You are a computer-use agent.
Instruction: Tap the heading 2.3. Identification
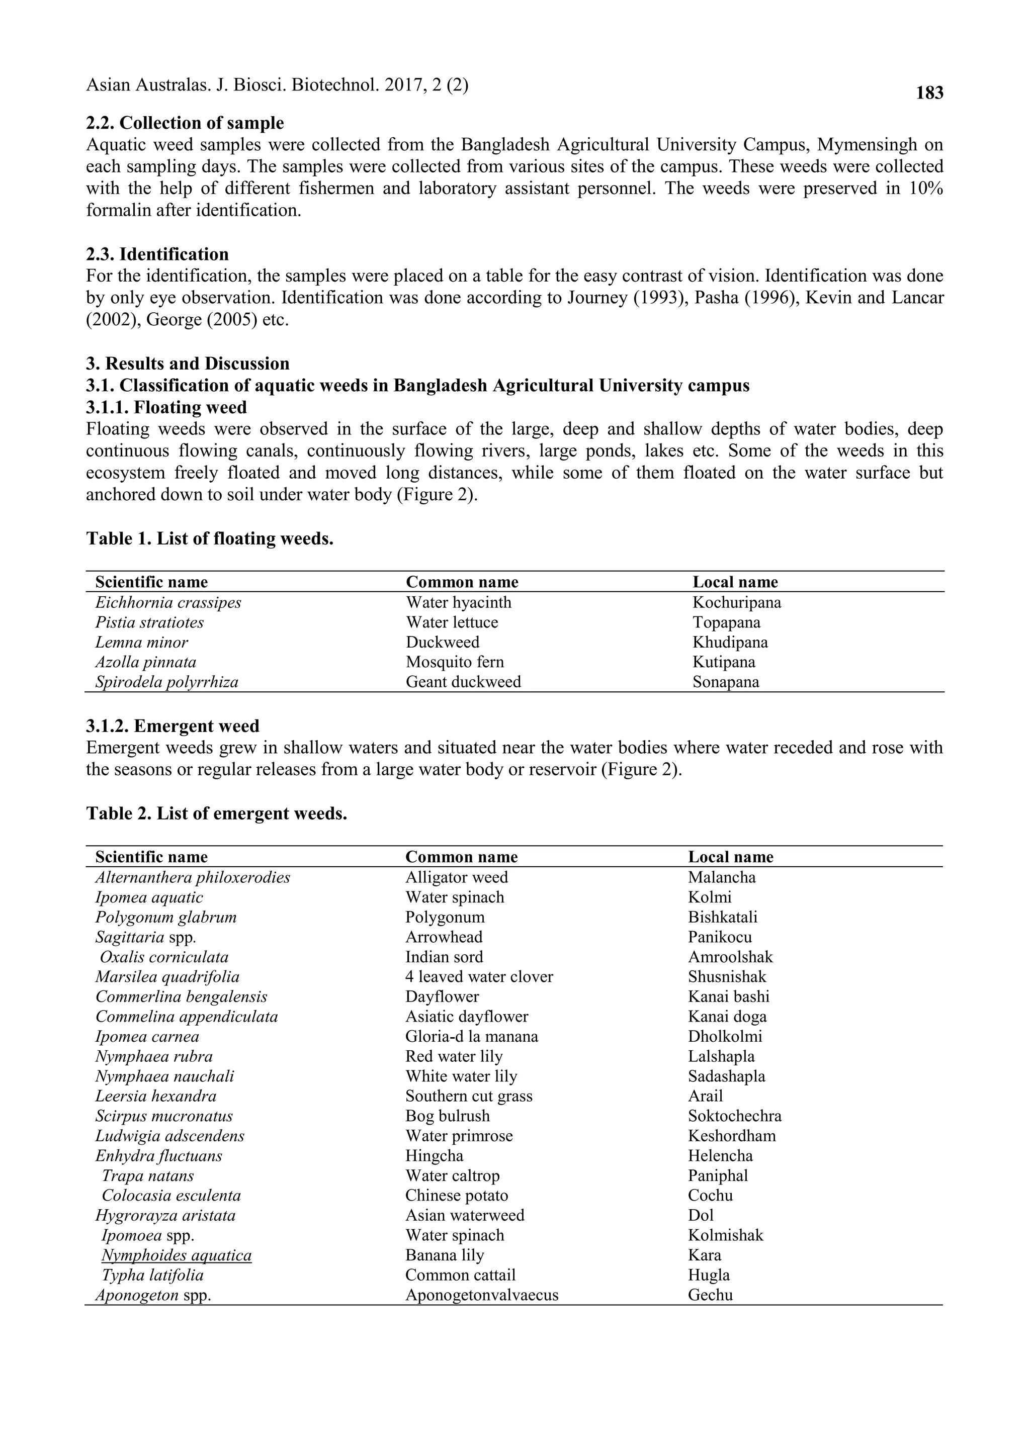(157, 254)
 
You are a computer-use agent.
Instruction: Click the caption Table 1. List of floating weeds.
(209, 538)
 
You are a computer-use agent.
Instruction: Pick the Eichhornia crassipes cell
(168, 602)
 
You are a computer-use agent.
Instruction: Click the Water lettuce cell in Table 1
(452, 622)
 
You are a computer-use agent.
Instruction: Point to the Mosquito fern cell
(455, 662)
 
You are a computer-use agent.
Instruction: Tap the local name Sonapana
(726, 682)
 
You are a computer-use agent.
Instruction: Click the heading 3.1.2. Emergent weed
(173, 726)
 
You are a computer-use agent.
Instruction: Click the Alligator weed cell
(456, 877)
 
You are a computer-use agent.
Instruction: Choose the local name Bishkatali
(722, 918)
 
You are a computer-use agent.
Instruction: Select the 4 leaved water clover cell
(479, 977)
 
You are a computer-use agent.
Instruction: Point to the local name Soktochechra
(734, 1116)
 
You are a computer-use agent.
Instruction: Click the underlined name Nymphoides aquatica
(177, 1255)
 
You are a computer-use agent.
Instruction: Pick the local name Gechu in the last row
(710, 1295)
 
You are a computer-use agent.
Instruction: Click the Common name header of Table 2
(461, 857)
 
